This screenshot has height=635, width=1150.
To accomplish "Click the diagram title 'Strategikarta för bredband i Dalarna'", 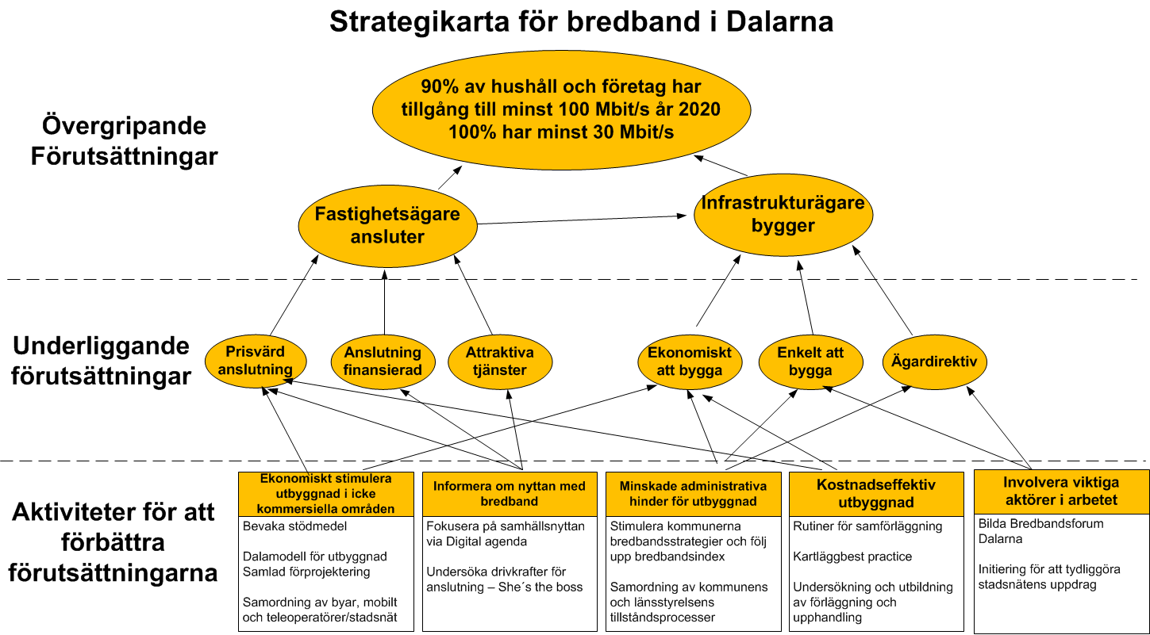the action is [x=581, y=22].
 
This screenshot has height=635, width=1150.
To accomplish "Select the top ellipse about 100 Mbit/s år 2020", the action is [x=561, y=109].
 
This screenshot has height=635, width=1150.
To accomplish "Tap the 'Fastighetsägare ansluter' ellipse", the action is [x=387, y=226].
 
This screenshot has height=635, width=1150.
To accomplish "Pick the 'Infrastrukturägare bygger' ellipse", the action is [x=783, y=214].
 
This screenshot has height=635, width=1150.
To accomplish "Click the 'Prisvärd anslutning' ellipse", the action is [x=255, y=361].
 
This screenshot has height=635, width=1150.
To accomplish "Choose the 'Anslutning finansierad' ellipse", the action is [x=383, y=361].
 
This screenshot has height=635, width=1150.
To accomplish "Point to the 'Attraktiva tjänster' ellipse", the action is [x=499, y=361].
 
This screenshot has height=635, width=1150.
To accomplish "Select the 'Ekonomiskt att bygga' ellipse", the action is [x=690, y=361].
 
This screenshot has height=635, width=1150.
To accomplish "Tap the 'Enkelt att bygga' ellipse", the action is [x=810, y=361].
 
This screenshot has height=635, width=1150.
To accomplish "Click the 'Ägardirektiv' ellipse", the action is [x=934, y=361].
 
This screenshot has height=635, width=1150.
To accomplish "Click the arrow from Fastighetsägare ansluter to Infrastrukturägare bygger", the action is [x=583, y=220].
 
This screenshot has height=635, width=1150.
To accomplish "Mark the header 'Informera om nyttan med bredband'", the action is [x=510, y=493].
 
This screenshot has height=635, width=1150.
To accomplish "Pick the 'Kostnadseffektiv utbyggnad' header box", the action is [x=876, y=493].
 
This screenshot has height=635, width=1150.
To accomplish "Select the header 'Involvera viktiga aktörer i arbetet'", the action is [x=1061, y=492].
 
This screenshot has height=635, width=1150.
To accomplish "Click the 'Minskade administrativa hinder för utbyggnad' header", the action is [x=693, y=493].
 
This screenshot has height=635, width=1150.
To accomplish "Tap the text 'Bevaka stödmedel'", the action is [x=294, y=526].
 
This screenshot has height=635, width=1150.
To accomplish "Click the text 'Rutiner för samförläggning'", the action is [x=867, y=526].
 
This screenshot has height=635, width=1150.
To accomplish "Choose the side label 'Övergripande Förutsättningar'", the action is [x=125, y=140].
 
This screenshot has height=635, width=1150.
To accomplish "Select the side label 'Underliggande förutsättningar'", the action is [x=101, y=361].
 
